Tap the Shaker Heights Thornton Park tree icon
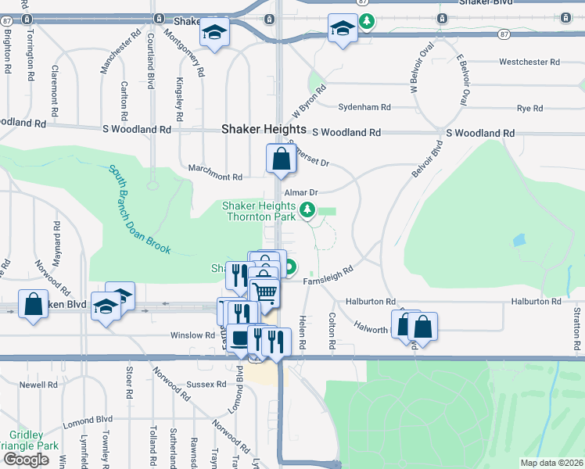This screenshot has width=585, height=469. click(308, 209)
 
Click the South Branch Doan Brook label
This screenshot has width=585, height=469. click(139, 209)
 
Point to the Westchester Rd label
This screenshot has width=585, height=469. click(529, 62)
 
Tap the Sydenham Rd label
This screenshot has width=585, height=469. click(364, 107)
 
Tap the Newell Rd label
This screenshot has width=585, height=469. click(39, 385)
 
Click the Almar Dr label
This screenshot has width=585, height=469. click(301, 192)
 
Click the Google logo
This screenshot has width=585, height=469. click(25, 460)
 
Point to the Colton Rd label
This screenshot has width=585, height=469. click(332, 331)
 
